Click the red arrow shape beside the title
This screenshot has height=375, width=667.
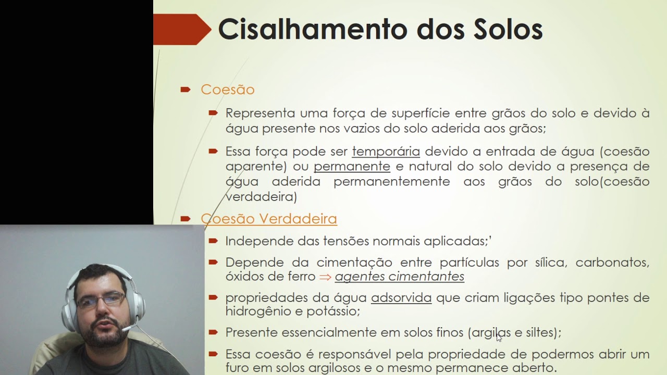coord(182,29)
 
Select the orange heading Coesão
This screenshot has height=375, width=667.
coord(227,90)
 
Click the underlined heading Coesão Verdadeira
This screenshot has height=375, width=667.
coord(269,219)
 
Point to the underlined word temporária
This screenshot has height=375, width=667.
coord(386,152)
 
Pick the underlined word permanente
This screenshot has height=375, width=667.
coord(352,167)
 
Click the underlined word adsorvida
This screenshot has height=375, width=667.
coord(401,298)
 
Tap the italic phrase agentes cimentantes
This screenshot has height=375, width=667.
coord(399,277)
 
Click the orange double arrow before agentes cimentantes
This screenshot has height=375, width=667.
coord(325,277)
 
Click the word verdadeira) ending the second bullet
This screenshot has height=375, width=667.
coord(261,197)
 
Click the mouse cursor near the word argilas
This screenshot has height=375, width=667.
coord(499,337)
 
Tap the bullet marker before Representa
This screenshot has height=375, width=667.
coord(213,113)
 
